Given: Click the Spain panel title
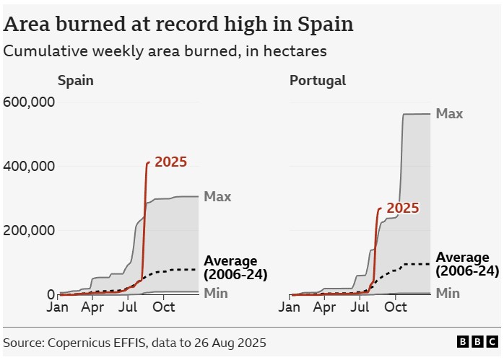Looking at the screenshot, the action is point(76,80).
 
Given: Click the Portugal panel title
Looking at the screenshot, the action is point(318,80).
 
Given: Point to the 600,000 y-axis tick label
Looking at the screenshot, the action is point(30,102).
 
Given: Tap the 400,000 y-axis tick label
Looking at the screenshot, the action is point(30,166).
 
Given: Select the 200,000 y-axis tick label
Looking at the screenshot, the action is point(30,230).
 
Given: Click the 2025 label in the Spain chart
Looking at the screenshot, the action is point(170,162).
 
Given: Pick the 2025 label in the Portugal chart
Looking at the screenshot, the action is point(403,208).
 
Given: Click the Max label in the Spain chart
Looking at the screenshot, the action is point(217,196).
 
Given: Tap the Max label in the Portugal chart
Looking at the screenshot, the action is point(449,114).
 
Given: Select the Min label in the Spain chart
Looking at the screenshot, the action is point(216,293).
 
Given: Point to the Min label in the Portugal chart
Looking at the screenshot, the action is point(448,293).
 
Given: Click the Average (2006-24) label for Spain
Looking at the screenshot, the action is point(235,268).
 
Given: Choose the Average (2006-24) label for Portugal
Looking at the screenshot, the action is point(467,264).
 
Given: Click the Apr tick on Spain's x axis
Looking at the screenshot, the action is point(92,307).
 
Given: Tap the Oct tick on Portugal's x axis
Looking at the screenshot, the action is point(396,307).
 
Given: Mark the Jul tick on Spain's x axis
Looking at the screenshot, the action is point(128,307).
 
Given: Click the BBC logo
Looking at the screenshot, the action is point(477,342).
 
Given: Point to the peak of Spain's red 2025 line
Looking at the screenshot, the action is point(149,162).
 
